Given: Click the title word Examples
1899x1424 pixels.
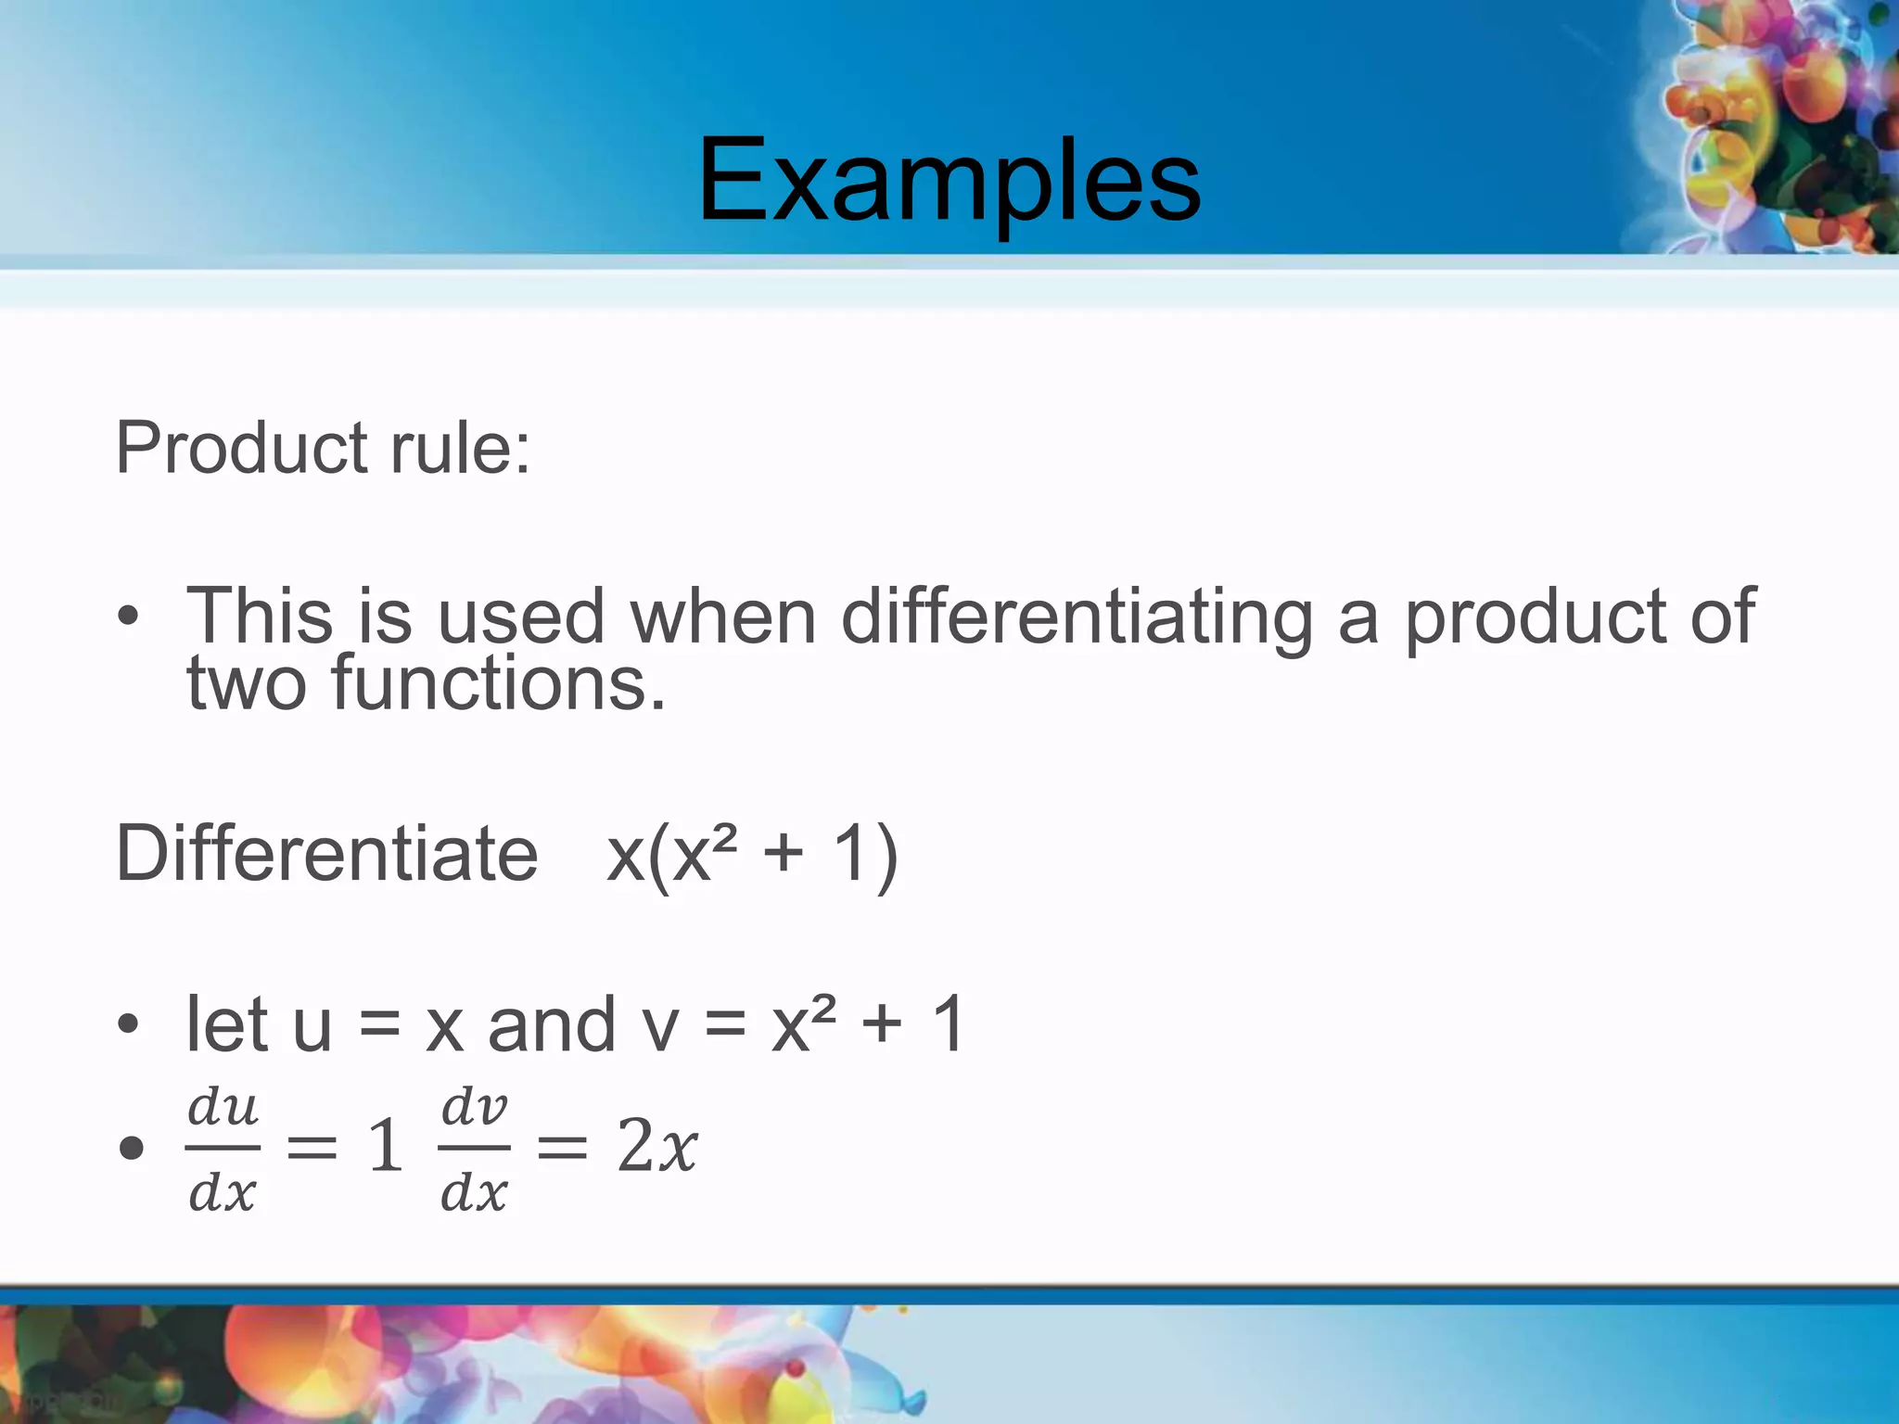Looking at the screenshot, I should point(949,181).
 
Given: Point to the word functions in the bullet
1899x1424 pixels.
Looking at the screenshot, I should point(498,683).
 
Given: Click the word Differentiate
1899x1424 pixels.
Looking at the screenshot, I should point(326,853).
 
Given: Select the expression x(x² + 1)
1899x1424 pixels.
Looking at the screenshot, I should point(752,855).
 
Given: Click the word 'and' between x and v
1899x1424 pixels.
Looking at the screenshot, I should point(552,1025).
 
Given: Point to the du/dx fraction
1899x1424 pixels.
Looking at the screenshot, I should point(223,1150).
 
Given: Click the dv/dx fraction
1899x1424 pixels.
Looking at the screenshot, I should point(474,1150).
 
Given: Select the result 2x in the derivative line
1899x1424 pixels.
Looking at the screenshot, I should point(656,1146).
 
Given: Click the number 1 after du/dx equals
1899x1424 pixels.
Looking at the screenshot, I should point(386,1146).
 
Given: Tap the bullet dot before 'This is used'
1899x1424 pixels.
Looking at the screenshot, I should point(128,616).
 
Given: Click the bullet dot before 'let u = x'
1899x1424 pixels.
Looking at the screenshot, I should point(128,1024).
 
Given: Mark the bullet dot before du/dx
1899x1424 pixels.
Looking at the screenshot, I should point(132,1148).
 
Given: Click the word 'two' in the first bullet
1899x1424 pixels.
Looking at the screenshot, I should point(246,684).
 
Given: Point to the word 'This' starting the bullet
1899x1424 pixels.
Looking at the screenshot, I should point(260,617).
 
